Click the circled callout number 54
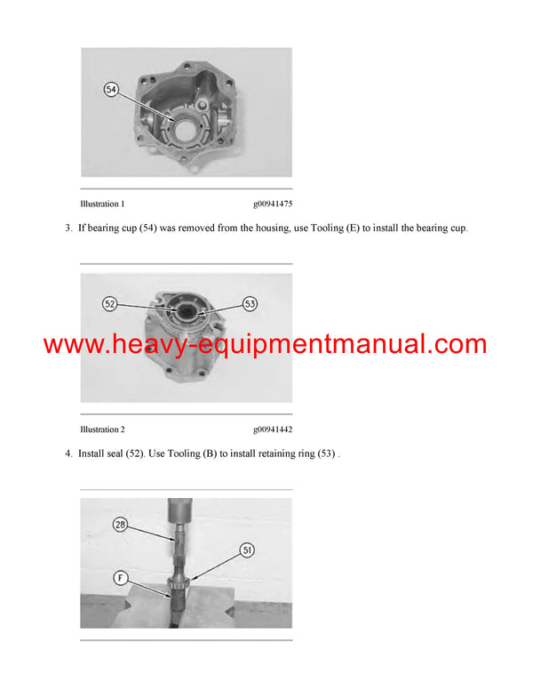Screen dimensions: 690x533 pos(112,90)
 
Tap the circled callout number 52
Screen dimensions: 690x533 pos(110,304)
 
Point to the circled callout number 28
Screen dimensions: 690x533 pos(120,525)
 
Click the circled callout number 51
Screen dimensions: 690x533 pos(247,550)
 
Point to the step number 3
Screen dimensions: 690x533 pos(68,229)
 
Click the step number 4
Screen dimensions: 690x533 pos(68,454)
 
